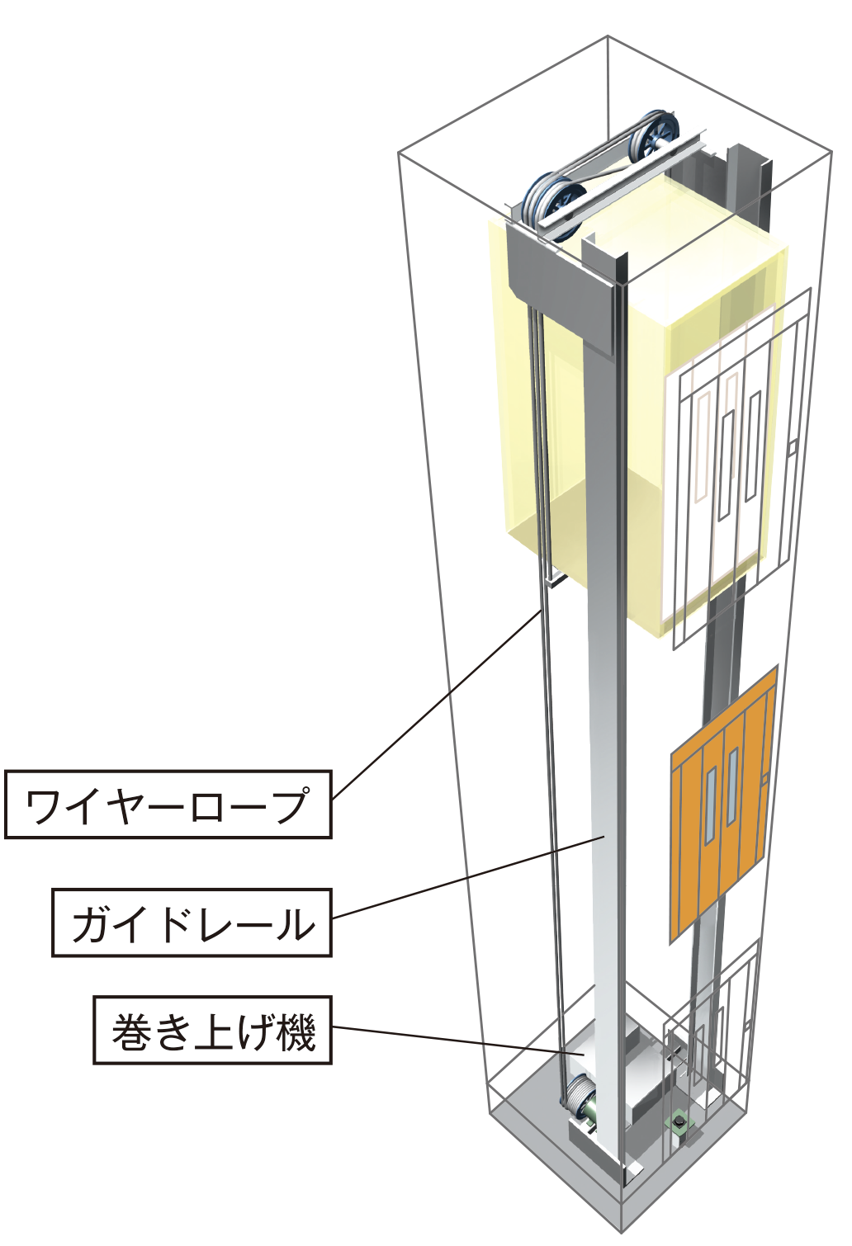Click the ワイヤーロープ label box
(168, 804)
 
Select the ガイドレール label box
(192, 923)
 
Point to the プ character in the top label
(290, 805)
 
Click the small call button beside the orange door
(764, 779)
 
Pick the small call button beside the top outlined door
(793, 448)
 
